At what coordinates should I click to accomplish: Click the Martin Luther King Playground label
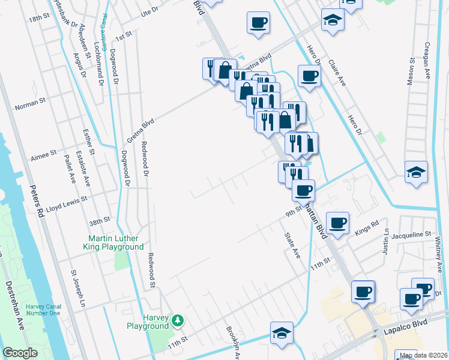coord(113,242)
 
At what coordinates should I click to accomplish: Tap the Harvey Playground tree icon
coord(177,319)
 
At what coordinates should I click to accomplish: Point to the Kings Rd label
coord(367,227)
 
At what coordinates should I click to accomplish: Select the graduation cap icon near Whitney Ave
coord(416,172)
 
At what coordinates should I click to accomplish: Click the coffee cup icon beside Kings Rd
coord(337,221)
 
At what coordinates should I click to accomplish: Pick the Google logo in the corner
coord(20,352)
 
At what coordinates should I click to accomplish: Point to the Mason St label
coord(412,71)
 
